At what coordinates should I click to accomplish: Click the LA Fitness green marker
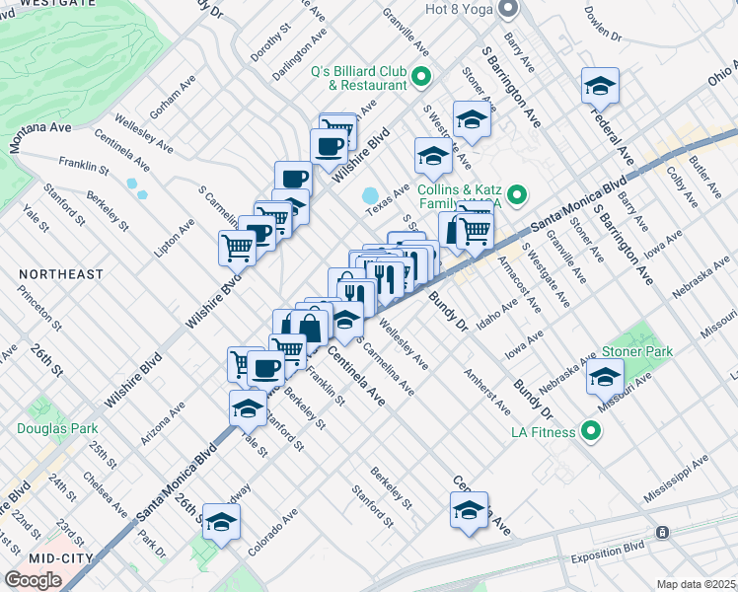click(x=591, y=430)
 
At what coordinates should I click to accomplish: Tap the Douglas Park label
click(x=56, y=428)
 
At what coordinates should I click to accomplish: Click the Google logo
click(x=33, y=580)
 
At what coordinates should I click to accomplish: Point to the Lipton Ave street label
click(x=175, y=237)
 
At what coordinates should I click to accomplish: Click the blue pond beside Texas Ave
click(x=372, y=196)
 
